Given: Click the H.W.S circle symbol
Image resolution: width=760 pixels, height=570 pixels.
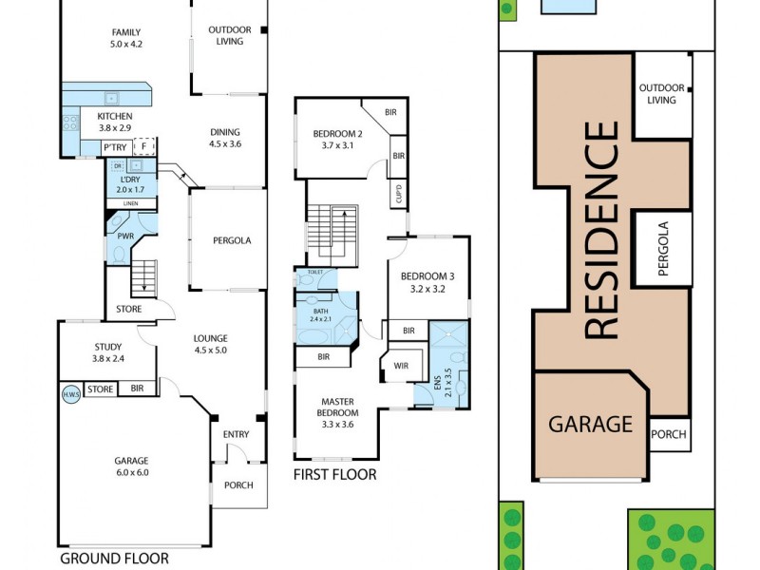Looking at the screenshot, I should click(70, 394).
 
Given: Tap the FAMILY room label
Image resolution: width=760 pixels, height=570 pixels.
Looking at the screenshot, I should click(125, 37).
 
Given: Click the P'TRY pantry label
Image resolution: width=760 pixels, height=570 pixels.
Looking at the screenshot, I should click(116, 147).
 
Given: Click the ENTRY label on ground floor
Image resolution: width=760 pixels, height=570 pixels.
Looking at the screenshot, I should click(236, 434).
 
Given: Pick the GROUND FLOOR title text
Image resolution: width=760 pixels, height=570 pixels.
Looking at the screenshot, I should click(114, 559).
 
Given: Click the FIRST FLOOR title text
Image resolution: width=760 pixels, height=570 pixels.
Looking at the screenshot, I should click(334, 474).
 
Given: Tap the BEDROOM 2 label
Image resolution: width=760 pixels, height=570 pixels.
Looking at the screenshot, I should click(338, 139).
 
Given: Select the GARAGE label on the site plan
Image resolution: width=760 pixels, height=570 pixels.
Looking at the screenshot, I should click(590, 424).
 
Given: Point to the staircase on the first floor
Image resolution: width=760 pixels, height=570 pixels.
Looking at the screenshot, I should click(334, 234).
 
